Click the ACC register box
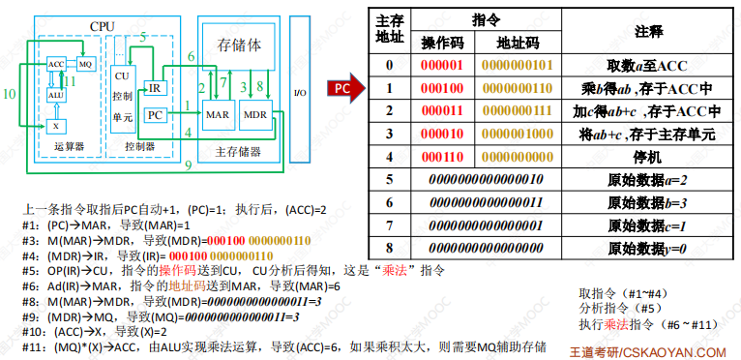tap(56, 64)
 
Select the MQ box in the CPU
tap(85, 64)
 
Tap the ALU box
tap(56, 95)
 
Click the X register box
tap(56, 127)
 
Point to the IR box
tap(155, 88)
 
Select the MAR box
tap(218, 114)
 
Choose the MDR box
tap(255, 114)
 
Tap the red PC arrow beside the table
tap(346, 88)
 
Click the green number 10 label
tap(9, 94)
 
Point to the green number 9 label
tap(188, 165)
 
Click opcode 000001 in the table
tap(442, 65)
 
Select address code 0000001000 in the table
tap(518, 134)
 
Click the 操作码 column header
tap(443, 44)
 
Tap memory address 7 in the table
tap(389, 225)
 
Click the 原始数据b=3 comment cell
tap(647, 202)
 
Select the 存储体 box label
tap(239, 45)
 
